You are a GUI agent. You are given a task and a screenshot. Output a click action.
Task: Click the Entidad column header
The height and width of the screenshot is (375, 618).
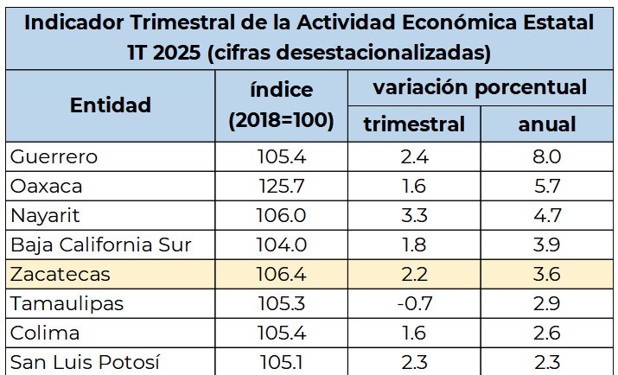tap(110, 105)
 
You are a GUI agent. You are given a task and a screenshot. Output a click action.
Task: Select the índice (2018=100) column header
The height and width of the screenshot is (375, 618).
tap(281, 105)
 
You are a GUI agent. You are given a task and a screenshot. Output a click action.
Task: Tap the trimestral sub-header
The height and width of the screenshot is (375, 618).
tap(413, 124)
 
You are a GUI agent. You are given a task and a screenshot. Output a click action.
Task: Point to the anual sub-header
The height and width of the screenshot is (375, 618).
tap(547, 124)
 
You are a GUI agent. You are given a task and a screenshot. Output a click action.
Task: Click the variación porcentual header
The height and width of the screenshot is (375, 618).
tap(480, 87)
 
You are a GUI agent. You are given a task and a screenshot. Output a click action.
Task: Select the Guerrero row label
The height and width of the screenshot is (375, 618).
tap(54, 156)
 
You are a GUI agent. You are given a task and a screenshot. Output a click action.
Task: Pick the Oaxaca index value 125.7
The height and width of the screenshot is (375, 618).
tap(281, 186)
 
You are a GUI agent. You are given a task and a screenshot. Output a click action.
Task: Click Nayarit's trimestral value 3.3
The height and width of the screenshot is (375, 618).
tap(414, 215)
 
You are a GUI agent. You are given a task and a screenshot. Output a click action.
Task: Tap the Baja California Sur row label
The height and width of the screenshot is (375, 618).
tap(100, 245)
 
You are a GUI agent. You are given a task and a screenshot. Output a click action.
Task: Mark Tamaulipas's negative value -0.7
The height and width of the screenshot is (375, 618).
tap(413, 303)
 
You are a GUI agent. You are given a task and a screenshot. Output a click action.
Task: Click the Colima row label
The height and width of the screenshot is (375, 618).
tap(46, 333)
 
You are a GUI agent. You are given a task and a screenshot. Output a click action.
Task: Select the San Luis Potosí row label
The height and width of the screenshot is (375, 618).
tap(85, 362)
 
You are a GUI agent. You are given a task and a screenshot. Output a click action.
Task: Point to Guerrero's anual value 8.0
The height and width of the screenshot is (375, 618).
tap(547, 156)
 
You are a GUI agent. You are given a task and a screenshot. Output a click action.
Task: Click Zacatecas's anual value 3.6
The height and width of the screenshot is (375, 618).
tap(547, 274)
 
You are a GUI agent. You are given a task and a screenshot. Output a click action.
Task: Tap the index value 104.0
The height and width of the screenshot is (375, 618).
tap(281, 245)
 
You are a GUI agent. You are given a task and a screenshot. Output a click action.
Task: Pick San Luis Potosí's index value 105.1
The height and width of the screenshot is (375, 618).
tap(281, 362)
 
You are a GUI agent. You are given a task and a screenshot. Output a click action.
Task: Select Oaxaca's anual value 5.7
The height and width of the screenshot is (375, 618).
tap(547, 186)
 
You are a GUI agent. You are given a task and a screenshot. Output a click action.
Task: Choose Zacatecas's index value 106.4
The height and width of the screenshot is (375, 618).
tap(281, 274)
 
